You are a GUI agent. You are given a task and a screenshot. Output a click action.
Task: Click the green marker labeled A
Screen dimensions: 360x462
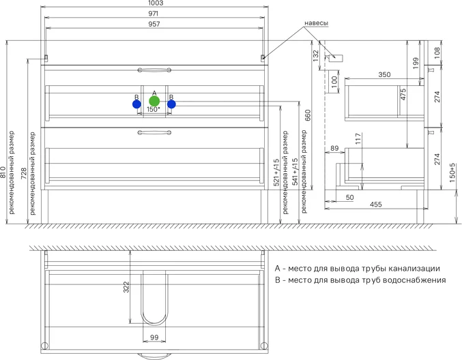click(x=154, y=101)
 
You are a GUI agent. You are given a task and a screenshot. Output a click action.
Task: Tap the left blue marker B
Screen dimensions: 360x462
click(x=136, y=104)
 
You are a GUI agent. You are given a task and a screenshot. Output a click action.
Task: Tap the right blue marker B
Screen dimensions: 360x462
click(x=171, y=104)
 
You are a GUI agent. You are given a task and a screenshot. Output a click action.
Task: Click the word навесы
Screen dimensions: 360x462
click(x=315, y=23)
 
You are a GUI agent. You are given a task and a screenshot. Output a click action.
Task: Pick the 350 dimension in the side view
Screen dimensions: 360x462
click(x=384, y=75)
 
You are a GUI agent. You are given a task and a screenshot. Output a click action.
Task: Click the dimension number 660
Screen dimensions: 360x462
click(x=308, y=115)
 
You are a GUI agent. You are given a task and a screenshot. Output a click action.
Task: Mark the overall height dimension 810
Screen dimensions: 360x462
click(x=4, y=172)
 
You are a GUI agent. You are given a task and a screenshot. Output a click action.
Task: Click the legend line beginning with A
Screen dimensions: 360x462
click(x=357, y=269)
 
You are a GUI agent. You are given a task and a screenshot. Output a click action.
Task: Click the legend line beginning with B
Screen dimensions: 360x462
click(x=360, y=280)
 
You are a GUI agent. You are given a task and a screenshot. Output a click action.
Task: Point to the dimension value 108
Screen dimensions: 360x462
click(x=437, y=51)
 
